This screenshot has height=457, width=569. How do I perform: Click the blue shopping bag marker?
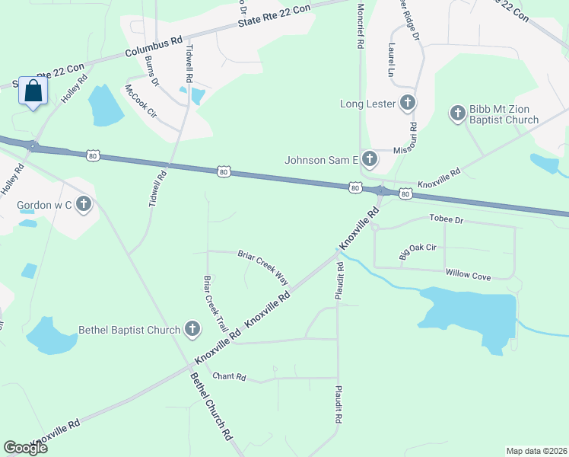tap(33, 91)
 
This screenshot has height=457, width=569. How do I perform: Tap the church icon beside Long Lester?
tap(408, 103)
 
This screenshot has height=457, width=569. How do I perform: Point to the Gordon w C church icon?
tap(84, 205)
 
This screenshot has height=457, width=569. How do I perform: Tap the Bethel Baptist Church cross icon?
tap(192, 330)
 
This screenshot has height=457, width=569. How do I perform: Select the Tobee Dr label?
tap(447, 220)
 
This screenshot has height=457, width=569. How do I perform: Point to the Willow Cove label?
tap(468, 273)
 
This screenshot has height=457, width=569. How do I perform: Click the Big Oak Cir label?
tap(418, 252)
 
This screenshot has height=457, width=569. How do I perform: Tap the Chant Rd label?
tap(230, 376)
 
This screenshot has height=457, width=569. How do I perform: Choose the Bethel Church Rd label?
tap(211, 407)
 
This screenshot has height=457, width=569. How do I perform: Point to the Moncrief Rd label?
tap(360, 26)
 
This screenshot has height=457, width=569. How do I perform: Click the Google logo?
tap(26, 448)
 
